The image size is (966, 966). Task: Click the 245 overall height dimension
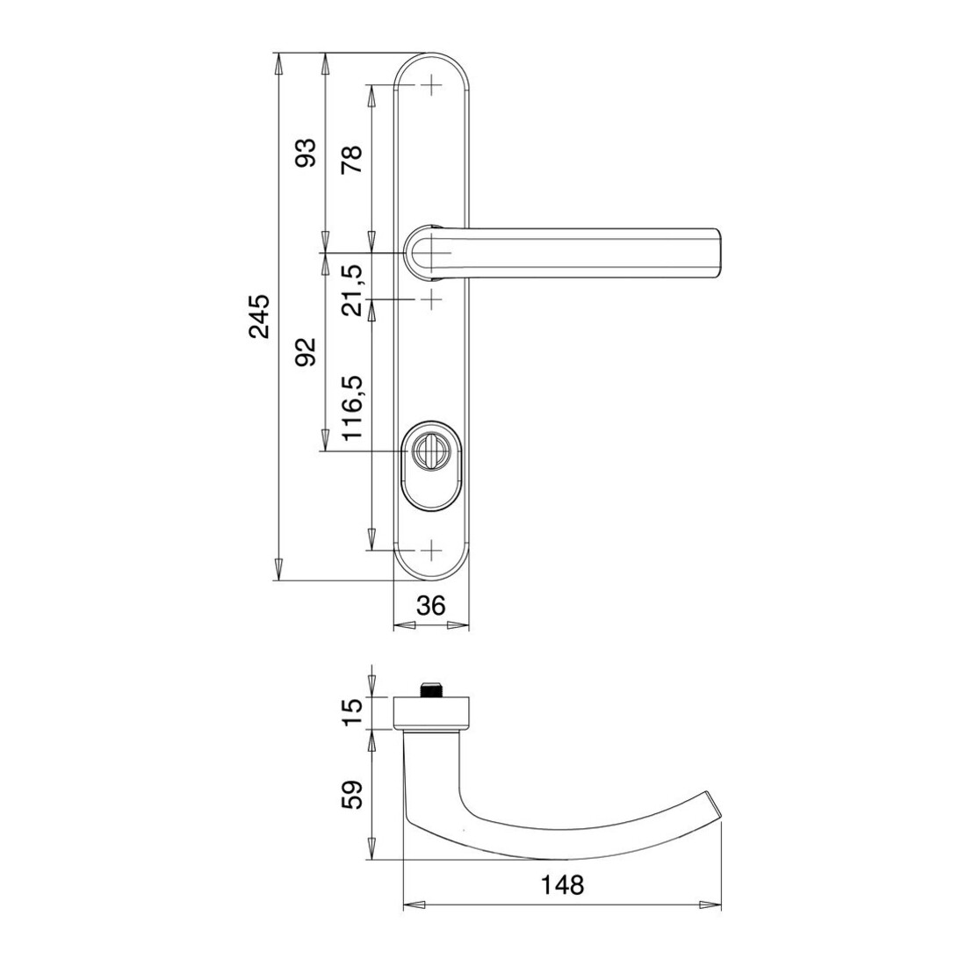click(x=259, y=316)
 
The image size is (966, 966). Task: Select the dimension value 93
click(x=306, y=153)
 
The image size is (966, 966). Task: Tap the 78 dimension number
click(x=352, y=159)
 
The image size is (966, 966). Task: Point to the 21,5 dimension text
click(x=352, y=291)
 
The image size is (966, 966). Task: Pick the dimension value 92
click(x=306, y=352)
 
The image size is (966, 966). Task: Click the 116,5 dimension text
click(x=353, y=407)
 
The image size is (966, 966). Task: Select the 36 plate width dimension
click(x=430, y=606)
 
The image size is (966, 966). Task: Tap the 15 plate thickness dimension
click(x=352, y=713)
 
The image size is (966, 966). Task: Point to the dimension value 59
click(x=352, y=796)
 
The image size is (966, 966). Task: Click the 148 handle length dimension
click(x=562, y=885)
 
